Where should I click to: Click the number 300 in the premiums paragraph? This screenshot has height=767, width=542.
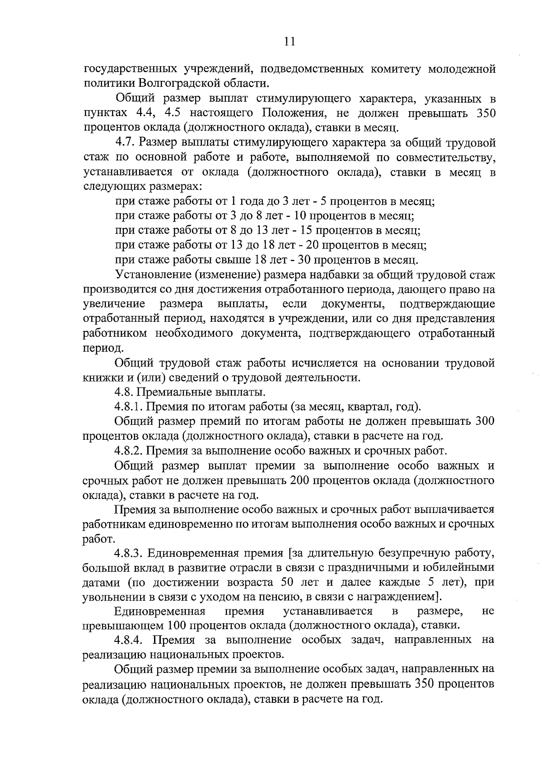(485, 421)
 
